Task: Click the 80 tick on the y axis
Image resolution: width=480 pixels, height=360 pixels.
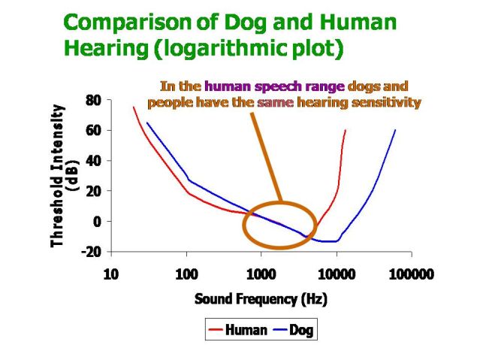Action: click(x=92, y=99)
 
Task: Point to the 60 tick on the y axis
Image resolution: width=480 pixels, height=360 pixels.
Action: click(x=92, y=130)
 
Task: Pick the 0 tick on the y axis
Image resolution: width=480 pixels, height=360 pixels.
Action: click(x=96, y=222)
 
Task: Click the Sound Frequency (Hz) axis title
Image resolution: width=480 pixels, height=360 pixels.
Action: click(x=261, y=298)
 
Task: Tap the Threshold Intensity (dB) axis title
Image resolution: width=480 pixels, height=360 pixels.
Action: click(x=63, y=176)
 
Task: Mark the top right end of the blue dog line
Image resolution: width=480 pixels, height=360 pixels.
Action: click(x=395, y=130)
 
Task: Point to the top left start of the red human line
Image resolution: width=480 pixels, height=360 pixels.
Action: click(x=134, y=107)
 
